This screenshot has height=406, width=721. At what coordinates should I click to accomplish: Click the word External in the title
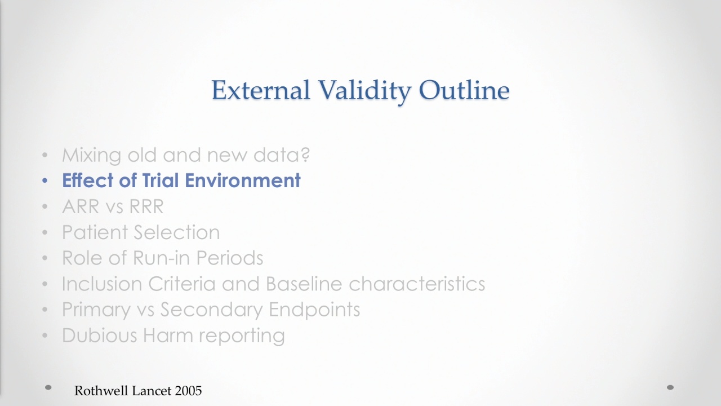click(x=261, y=90)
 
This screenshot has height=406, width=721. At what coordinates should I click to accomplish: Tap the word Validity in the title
click(x=364, y=91)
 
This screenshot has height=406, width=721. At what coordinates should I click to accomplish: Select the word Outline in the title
click(x=465, y=90)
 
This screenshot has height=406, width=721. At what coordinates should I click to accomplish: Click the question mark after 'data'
click(x=305, y=155)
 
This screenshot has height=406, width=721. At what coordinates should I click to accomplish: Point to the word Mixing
click(x=92, y=156)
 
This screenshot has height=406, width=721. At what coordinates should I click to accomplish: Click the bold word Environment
click(x=243, y=180)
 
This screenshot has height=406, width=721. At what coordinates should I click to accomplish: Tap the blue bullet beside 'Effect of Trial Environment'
click(x=44, y=181)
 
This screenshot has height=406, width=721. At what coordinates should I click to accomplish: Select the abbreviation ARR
click(x=81, y=206)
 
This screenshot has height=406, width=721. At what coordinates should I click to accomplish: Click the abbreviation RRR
click(x=146, y=206)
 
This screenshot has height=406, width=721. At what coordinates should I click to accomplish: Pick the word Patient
click(x=95, y=232)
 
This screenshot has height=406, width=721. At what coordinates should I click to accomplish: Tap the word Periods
click(x=230, y=258)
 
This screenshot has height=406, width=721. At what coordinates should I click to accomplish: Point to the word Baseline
click(x=304, y=284)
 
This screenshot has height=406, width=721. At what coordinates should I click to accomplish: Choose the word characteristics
click(x=417, y=284)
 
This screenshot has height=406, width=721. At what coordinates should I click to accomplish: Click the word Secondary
click(x=211, y=310)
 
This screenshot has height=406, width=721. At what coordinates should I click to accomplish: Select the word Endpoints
click(x=314, y=310)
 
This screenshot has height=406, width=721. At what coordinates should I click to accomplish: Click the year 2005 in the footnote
click(x=188, y=391)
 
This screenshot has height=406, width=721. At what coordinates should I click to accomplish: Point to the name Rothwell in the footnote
click(x=102, y=391)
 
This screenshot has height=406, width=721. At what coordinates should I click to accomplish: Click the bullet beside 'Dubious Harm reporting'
click(x=44, y=336)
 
